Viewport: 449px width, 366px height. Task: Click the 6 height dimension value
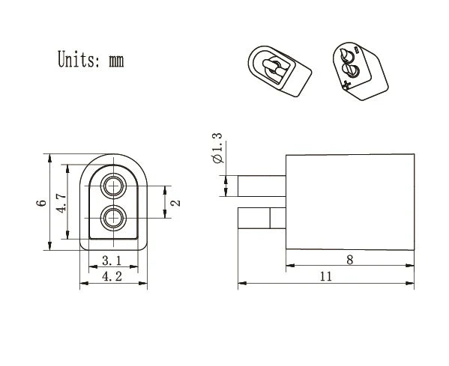(x=42, y=203)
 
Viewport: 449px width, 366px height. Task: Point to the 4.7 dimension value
(x=61, y=204)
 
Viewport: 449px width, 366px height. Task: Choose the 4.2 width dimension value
(x=113, y=276)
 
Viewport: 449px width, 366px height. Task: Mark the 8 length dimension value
(x=349, y=260)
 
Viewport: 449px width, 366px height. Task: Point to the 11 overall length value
(x=325, y=276)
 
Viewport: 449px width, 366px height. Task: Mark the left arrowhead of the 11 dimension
(x=241, y=284)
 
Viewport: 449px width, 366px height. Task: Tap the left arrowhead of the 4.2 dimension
(x=82, y=284)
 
